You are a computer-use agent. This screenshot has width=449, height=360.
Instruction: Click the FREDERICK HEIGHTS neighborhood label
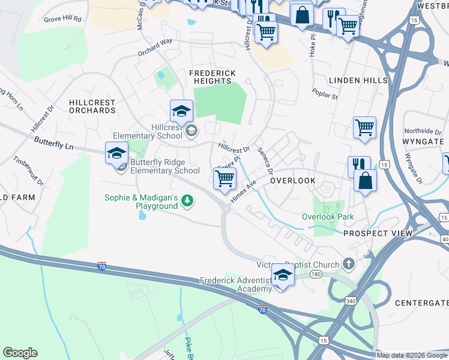point(212,77)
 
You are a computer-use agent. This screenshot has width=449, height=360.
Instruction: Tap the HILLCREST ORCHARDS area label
point(92,107)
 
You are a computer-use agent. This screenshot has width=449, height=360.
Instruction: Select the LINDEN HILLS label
point(354,80)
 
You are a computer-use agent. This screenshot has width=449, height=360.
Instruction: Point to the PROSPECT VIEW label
point(378,233)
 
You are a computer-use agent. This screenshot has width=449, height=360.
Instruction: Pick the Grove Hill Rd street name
point(62,19)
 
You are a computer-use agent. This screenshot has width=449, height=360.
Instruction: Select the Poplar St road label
point(325,94)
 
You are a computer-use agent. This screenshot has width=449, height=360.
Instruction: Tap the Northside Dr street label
point(418,131)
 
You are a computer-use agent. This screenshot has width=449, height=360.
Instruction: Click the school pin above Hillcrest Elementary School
point(181,111)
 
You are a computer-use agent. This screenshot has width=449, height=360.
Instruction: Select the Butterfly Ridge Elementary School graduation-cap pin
point(117,153)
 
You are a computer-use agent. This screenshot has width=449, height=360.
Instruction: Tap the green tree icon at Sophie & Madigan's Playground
point(188,200)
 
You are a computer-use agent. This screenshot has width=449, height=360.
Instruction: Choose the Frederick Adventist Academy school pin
point(283,275)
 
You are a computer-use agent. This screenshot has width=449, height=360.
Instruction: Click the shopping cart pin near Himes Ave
point(224,178)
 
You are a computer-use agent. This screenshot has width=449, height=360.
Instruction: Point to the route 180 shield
point(316,274)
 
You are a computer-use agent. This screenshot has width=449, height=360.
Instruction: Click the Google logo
point(20,353)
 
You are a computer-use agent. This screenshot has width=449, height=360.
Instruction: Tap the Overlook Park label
point(327,217)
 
